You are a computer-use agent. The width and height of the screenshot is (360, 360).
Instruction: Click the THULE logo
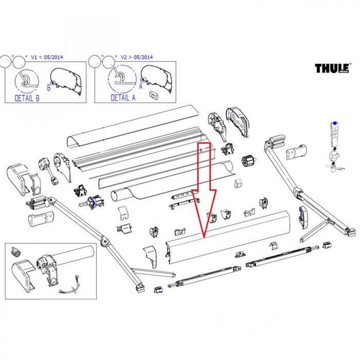point(332,68)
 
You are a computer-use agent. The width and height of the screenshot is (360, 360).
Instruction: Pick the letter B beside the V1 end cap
point(49,87)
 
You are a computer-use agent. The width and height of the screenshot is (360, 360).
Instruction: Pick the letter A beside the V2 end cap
point(140,87)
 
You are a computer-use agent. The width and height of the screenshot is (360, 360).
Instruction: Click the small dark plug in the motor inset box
point(15,251)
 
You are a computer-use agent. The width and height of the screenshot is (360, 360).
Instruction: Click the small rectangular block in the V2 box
point(153,94)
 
